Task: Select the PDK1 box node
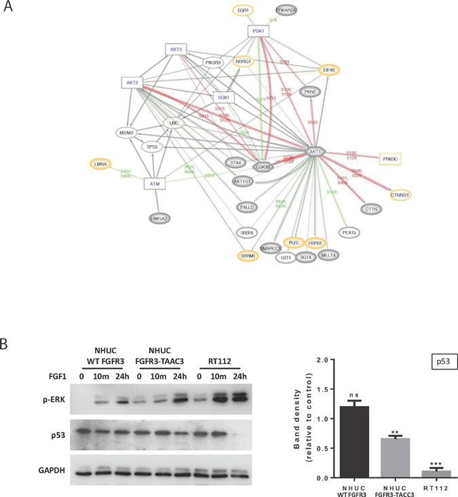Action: pyautogui.click(x=258, y=31)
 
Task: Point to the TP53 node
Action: pyautogui.click(x=154, y=146)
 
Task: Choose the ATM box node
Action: pyautogui.click(x=155, y=183)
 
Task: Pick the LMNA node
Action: pyautogui.click(x=102, y=164)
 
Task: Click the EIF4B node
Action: pyautogui.click(x=330, y=68)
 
